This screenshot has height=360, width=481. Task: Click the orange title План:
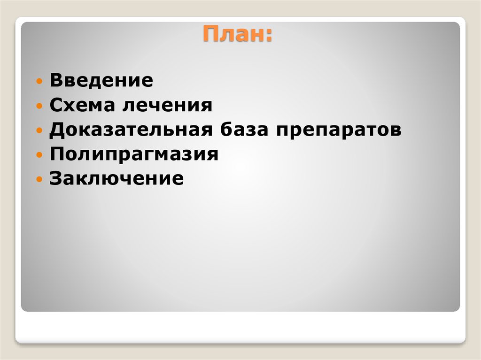[237, 36]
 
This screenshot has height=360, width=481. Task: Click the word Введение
[101, 80]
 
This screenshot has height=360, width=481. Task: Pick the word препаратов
[339, 130]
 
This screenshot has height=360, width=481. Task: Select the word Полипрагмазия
[134, 154]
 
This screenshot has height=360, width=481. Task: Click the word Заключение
[116, 179]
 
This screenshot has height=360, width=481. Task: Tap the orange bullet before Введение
[40, 81]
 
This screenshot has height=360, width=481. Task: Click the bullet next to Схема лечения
[40, 106]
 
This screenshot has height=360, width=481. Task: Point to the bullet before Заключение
[40, 179]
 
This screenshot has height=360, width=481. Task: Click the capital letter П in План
[210, 35]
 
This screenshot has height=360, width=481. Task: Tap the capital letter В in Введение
[56, 80]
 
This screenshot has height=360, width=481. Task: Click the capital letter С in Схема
[56, 105]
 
